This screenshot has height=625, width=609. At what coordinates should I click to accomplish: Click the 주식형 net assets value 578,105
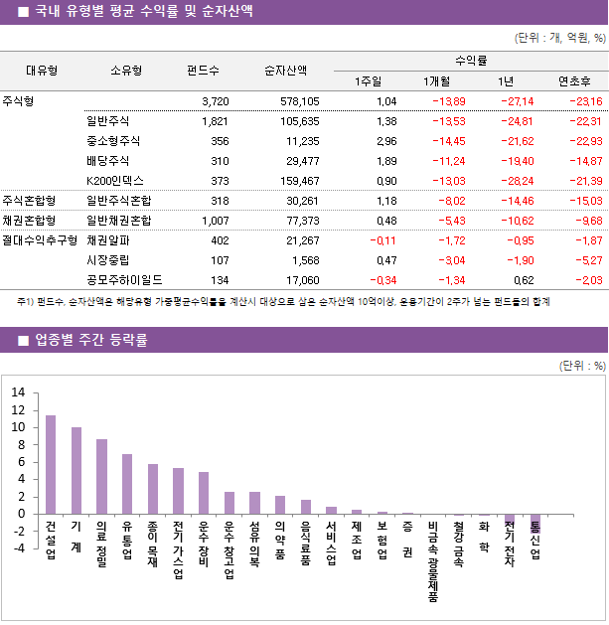[x=299, y=101]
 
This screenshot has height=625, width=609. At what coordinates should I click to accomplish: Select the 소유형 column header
[x=126, y=71]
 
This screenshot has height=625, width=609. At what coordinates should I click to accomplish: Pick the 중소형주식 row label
[x=114, y=141]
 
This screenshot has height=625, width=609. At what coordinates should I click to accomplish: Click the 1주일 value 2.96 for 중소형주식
[x=386, y=141]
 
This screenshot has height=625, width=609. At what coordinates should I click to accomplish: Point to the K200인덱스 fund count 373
[x=220, y=180]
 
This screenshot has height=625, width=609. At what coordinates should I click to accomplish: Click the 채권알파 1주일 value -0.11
[x=382, y=239]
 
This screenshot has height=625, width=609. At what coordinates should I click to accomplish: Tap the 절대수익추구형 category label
[x=40, y=239]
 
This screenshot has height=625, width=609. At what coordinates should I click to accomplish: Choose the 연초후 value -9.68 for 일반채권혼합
[x=586, y=221]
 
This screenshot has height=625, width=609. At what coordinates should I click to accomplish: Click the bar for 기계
[x=76, y=470]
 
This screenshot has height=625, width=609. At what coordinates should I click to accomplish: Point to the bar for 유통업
[x=127, y=484]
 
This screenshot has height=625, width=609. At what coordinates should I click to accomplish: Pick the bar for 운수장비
[x=204, y=493]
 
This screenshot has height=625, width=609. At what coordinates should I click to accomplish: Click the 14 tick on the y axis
[x=18, y=392]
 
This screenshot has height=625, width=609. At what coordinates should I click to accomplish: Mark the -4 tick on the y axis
[x=17, y=548]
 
